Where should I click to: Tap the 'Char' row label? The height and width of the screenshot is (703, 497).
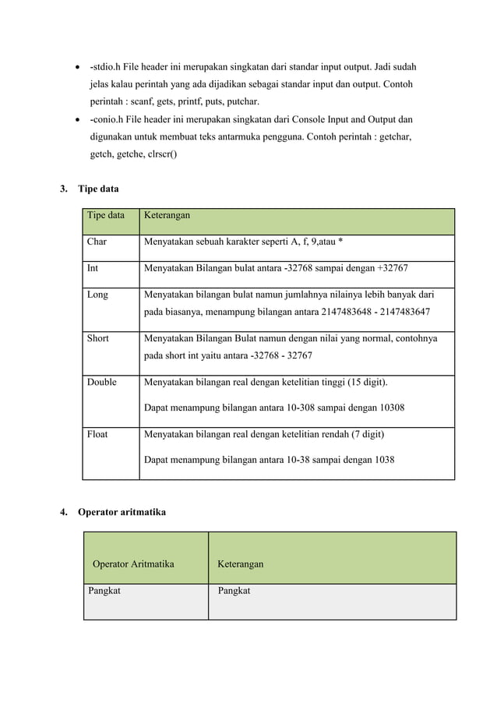click(x=97, y=242)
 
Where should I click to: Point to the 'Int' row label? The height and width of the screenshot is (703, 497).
click(x=93, y=269)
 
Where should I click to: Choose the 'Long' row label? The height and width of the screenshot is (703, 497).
click(x=97, y=295)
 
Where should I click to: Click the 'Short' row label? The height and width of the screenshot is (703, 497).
click(x=98, y=338)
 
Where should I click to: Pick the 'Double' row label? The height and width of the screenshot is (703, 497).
click(x=102, y=382)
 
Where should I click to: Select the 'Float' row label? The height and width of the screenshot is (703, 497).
click(x=97, y=434)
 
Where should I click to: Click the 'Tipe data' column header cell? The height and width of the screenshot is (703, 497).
click(x=105, y=215)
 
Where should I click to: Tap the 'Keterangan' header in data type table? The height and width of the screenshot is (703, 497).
click(x=167, y=215)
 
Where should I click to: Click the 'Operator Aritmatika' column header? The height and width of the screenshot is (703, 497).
click(x=133, y=563)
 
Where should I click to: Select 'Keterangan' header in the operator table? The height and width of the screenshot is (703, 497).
click(x=241, y=563)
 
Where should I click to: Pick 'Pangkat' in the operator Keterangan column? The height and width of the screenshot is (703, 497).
click(x=234, y=592)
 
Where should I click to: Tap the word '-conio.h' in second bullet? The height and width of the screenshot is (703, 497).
click(x=109, y=120)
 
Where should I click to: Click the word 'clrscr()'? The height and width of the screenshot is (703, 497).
click(x=160, y=154)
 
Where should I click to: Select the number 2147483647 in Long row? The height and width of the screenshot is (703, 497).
click(x=402, y=313)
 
